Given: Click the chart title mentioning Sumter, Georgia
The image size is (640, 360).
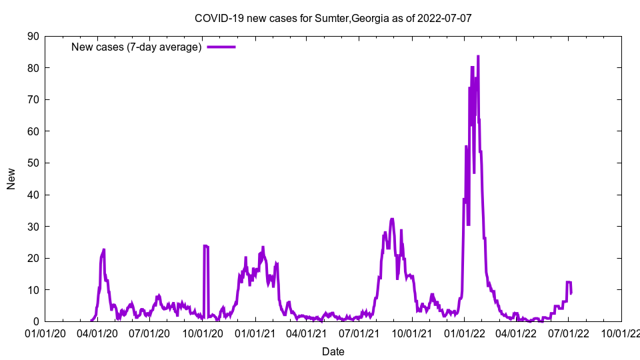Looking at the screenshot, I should tap(333, 18).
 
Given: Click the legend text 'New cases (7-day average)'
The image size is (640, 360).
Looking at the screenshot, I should tap(137, 47).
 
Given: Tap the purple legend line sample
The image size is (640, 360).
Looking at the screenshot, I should tap(221, 47).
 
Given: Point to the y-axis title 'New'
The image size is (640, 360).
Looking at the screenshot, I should tap(11, 179).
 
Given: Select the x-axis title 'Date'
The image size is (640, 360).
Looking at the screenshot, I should tap(333, 351).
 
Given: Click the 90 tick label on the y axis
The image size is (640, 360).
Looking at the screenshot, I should tap(33, 36).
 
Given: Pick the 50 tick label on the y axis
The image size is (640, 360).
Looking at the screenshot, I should tap(33, 163).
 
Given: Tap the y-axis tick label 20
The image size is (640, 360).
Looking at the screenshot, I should tap(33, 258).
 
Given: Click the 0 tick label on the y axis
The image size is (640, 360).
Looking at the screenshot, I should tap(35, 321).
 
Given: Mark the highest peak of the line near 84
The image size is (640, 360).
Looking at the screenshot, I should tap(478, 57).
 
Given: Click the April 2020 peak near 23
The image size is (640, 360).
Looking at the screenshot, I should tap(104, 250).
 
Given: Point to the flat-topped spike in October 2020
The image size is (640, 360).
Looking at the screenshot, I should tap(206, 246).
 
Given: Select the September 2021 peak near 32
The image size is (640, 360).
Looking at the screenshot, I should tap(392, 219).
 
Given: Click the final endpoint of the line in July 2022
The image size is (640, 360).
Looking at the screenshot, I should tap(571, 293).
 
